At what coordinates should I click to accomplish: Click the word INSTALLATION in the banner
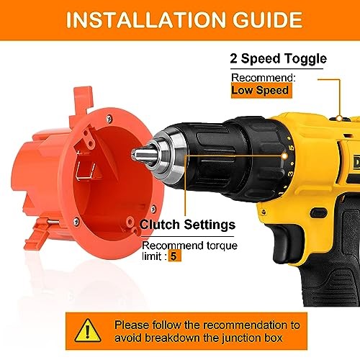click(145, 19)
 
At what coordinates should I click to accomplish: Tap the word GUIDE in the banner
click(268, 19)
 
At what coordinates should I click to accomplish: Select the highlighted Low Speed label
click(261, 91)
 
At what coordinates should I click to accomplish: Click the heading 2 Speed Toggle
click(278, 58)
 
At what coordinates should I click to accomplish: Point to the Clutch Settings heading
click(187, 225)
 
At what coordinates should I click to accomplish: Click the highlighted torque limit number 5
click(174, 256)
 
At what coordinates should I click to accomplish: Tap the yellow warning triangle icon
click(88, 330)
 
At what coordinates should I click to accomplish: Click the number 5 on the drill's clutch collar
click(291, 148)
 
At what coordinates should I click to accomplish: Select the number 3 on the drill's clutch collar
click(291, 174)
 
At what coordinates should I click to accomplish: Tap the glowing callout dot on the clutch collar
click(284, 156)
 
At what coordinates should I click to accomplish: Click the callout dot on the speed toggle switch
click(339, 118)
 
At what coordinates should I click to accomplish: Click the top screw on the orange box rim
click(109, 118)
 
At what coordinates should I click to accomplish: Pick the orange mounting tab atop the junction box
click(81, 104)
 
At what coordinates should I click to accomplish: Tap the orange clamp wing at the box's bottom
click(37, 235)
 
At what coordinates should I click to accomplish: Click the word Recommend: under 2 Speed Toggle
click(264, 78)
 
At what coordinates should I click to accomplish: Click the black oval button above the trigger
click(318, 213)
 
